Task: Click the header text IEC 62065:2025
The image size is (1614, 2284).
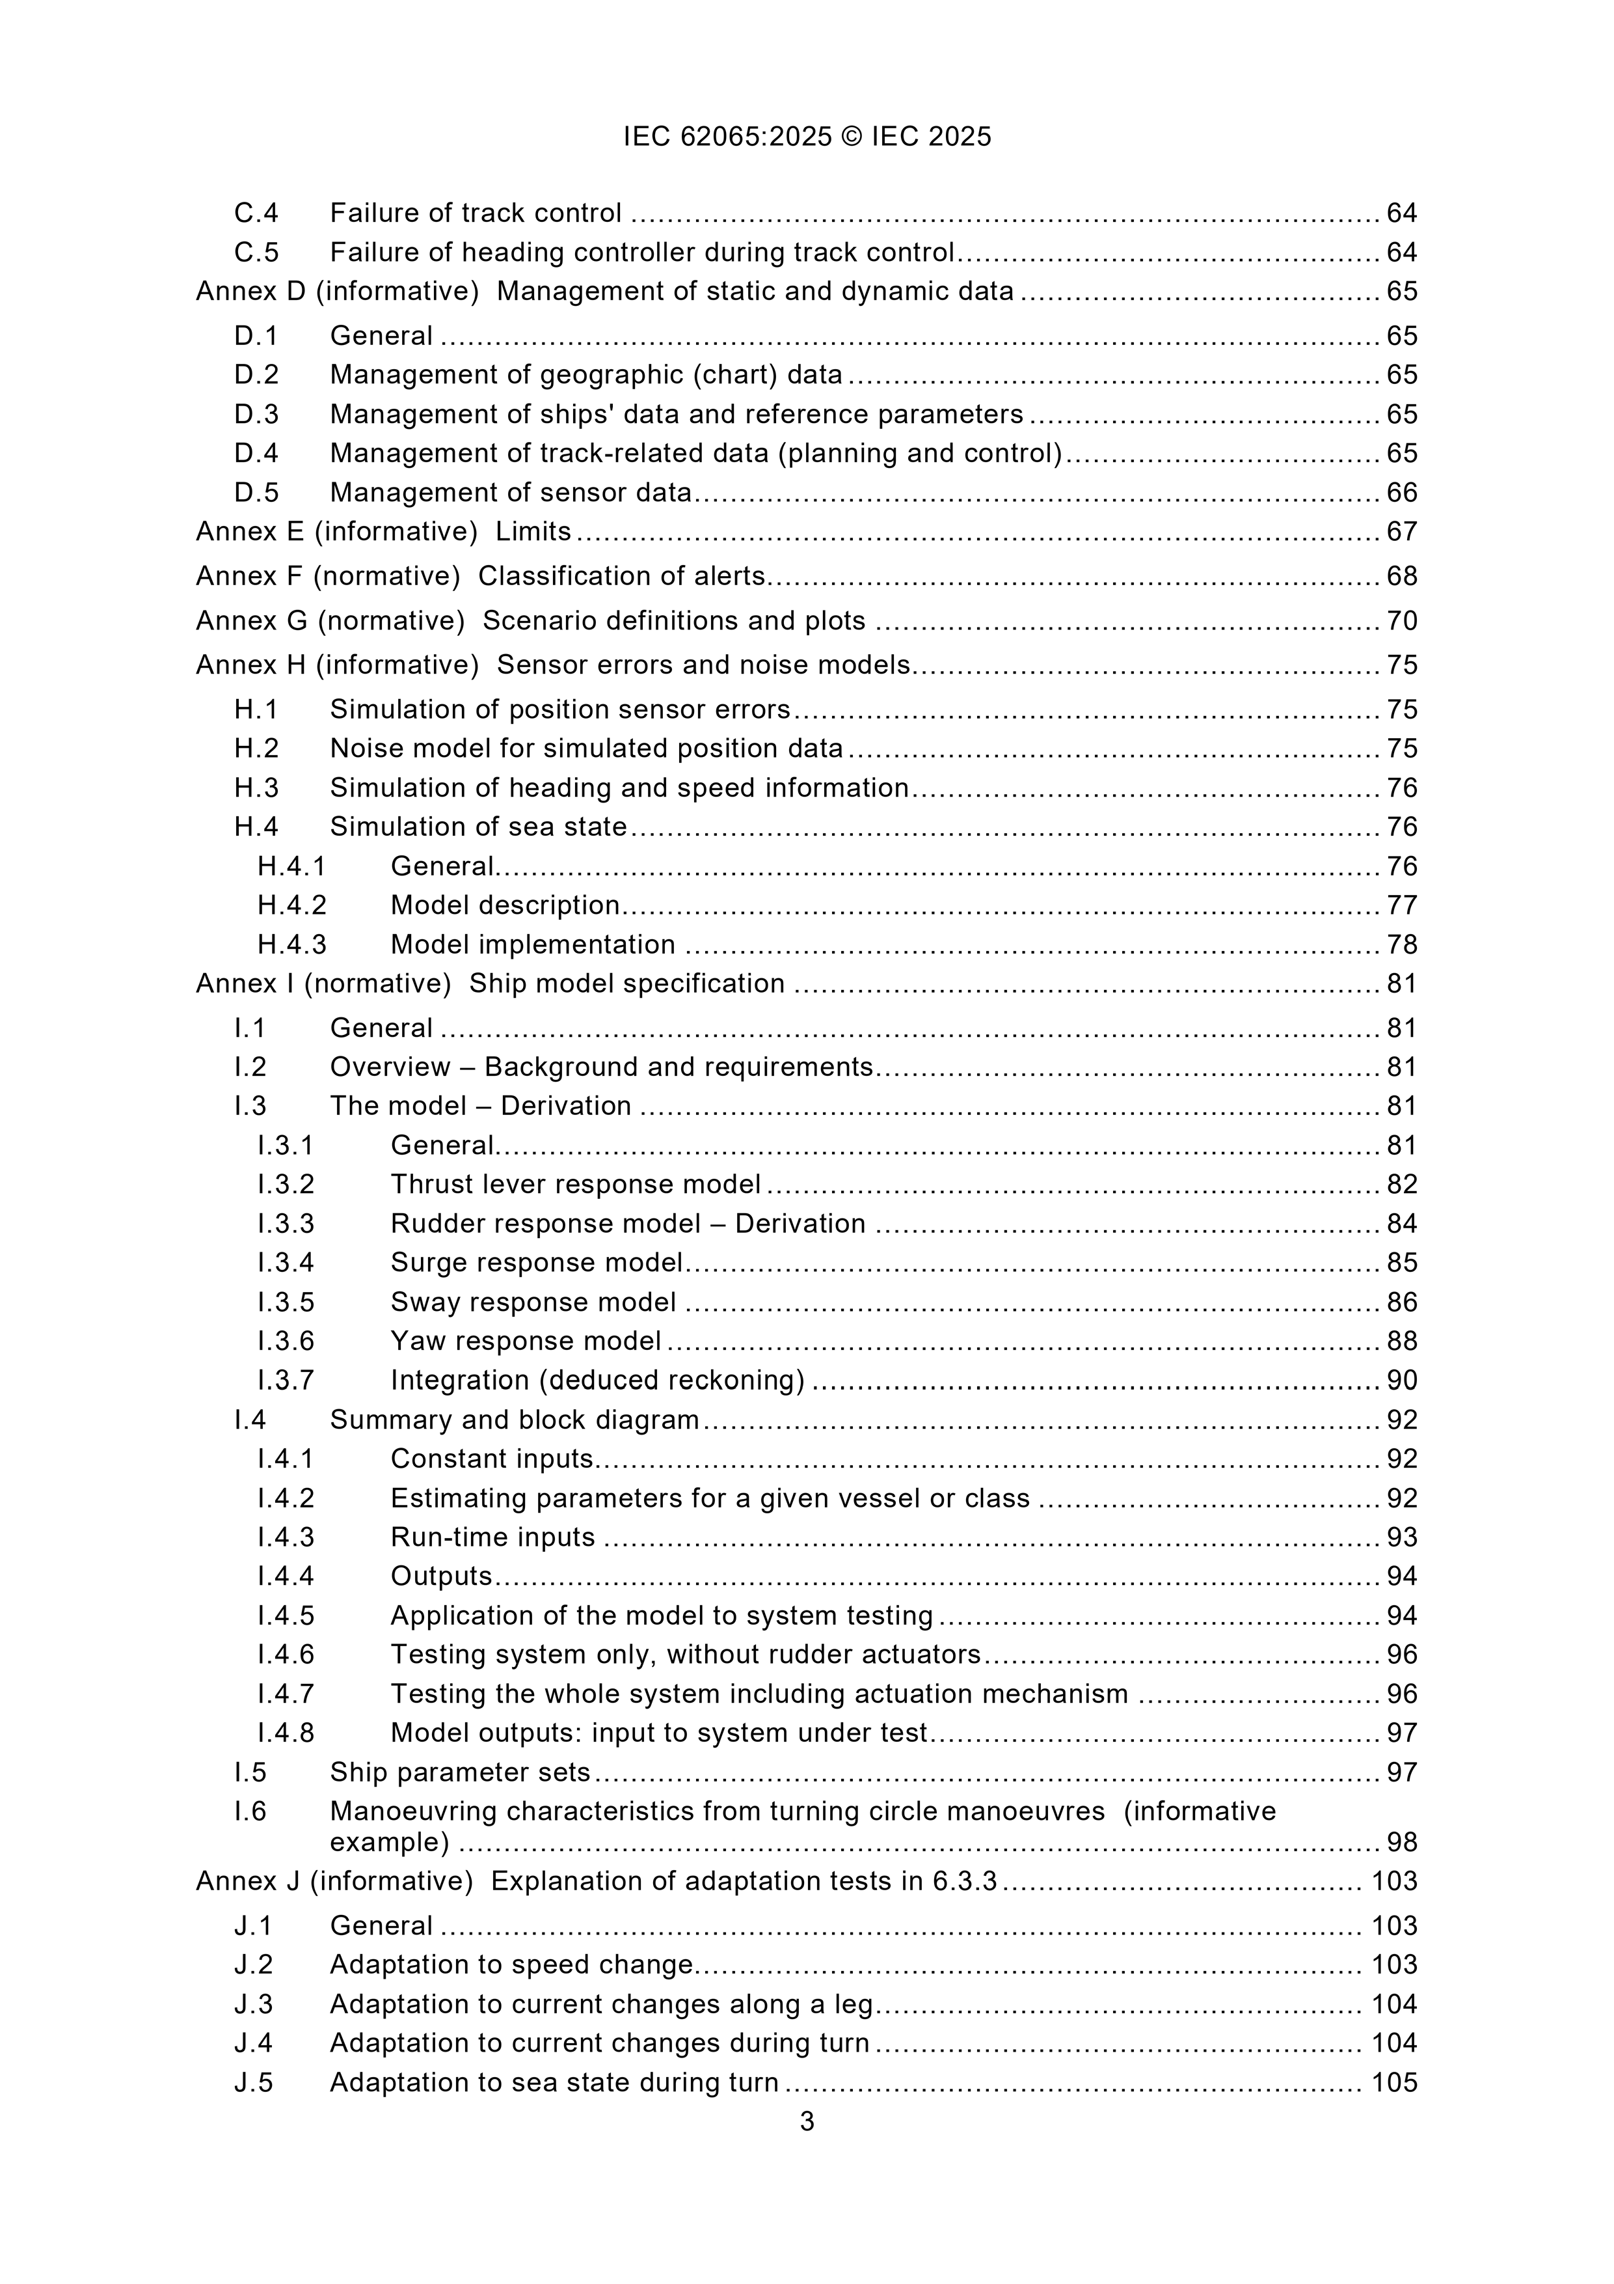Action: [x=727, y=136]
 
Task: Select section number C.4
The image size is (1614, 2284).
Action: [x=256, y=213]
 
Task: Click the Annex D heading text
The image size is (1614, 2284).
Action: [x=604, y=292]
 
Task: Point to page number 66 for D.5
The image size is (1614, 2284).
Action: [x=1401, y=493]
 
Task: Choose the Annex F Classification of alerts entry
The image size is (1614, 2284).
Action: [x=480, y=576]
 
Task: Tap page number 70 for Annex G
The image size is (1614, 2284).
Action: [x=1401, y=621]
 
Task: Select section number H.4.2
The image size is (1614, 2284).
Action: [x=291, y=905]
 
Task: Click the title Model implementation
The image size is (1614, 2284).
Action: [x=532, y=944]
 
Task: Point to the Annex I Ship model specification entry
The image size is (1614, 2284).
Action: [x=491, y=984]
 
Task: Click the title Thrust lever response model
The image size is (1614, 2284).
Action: [x=575, y=1184]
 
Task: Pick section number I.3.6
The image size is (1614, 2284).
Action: [x=286, y=1341]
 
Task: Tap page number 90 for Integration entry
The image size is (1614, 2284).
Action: [x=1401, y=1381]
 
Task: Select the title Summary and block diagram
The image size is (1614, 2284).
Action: [x=514, y=1420]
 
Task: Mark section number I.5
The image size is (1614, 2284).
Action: [x=250, y=1772]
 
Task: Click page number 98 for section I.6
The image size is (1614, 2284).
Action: [x=1401, y=1842]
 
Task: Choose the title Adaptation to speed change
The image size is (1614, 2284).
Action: [x=511, y=1964]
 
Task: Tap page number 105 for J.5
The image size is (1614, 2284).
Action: [x=1393, y=2083]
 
